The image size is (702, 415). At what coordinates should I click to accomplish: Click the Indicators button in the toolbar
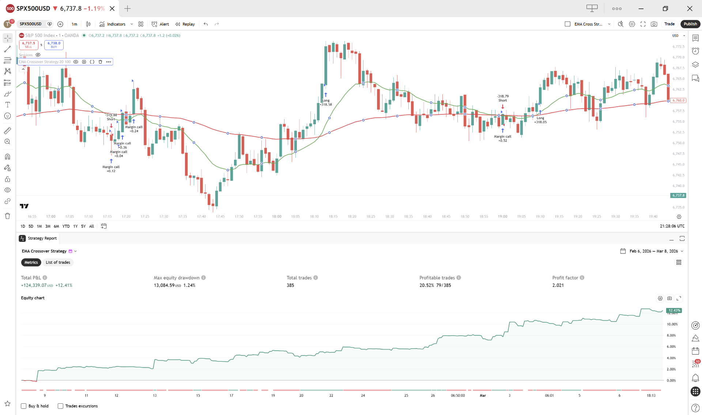click(113, 24)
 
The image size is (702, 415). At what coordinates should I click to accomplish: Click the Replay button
click(185, 24)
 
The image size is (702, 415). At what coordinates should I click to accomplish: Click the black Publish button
click(690, 24)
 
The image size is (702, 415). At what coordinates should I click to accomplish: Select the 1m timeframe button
click(74, 24)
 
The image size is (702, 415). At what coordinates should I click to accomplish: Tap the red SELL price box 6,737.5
click(29, 45)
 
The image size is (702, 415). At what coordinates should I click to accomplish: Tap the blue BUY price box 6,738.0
click(54, 45)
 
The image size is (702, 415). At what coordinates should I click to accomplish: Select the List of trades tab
click(58, 262)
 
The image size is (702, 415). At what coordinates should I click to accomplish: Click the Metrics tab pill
click(31, 262)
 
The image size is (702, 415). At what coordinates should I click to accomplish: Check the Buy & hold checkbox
click(24, 406)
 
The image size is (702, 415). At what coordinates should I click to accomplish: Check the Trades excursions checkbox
click(61, 406)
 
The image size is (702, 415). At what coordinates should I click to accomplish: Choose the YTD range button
click(66, 226)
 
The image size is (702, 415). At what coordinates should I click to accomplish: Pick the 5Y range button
click(83, 226)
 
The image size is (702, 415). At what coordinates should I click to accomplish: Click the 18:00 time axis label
click(276, 216)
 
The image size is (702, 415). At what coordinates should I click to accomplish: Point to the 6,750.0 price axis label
click(678, 143)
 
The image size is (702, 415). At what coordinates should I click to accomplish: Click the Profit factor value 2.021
click(558, 285)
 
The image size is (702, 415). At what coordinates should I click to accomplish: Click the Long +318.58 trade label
click(326, 102)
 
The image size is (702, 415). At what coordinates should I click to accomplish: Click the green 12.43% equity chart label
click(674, 311)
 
